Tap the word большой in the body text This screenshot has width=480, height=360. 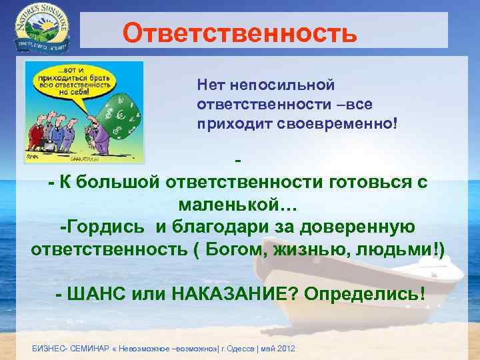click(x=113, y=182)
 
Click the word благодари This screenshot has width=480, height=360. click(x=207, y=226)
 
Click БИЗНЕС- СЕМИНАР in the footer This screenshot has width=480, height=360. click(x=67, y=349)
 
